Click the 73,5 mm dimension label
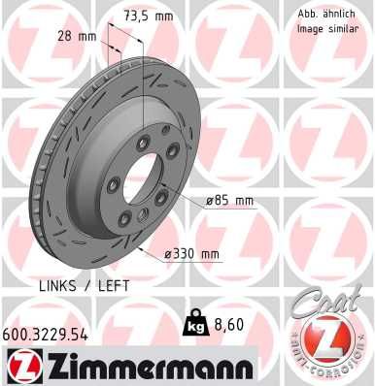[150, 16]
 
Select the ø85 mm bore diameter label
[228, 201]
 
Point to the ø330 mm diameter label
[190, 254]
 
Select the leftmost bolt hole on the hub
[116, 186]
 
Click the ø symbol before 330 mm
[168, 254]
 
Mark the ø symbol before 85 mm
[210, 201]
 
